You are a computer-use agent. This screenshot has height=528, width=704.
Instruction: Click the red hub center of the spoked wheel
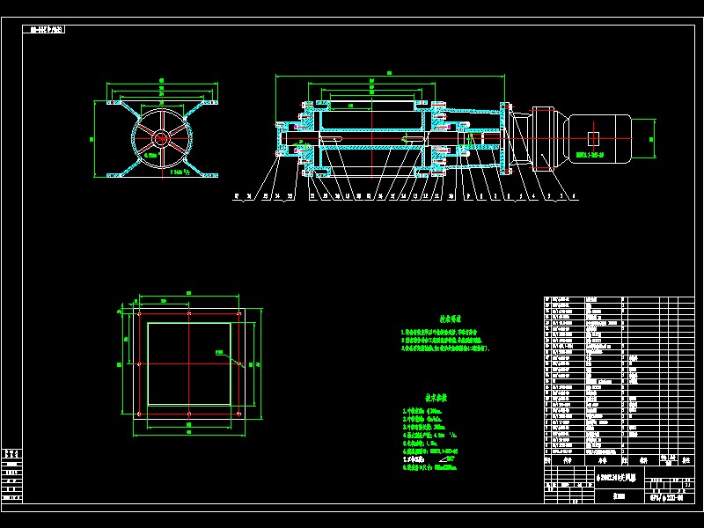pyautogui.click(x=161, y=138)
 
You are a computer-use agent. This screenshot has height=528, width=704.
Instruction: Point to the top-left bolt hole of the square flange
pyautogui.click(x=139, y=313)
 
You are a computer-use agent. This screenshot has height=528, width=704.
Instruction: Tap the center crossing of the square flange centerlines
pyautogui.click(x=189, y=363)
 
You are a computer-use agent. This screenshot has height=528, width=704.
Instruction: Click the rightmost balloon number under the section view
pyautogui.click(x=575, y=198)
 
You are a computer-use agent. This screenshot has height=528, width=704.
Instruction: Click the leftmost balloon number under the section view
pyautogui.click(x=237, y=198)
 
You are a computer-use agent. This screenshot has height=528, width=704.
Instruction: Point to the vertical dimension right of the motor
pyautogui.click(x=652, y=138)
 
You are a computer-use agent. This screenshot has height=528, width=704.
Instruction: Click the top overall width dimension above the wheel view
pyautogui.click(x=161, y=81)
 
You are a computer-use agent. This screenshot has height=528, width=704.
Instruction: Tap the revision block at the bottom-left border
pyautogui.click(x=12, y=475)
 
